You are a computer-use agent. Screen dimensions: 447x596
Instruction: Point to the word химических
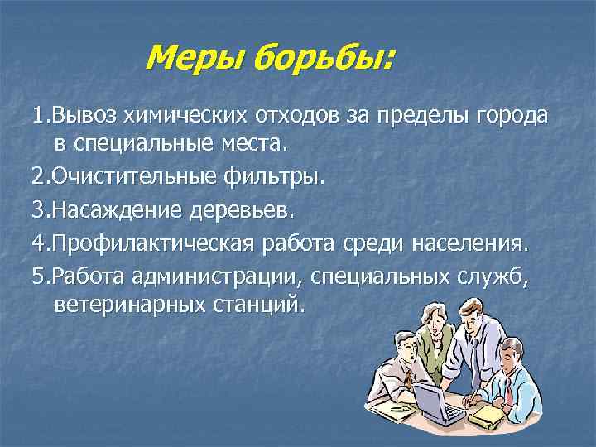[180, 115]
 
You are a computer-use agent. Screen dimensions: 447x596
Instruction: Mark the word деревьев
[243, 209]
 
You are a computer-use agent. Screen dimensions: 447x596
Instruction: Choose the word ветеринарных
[128, 305]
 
